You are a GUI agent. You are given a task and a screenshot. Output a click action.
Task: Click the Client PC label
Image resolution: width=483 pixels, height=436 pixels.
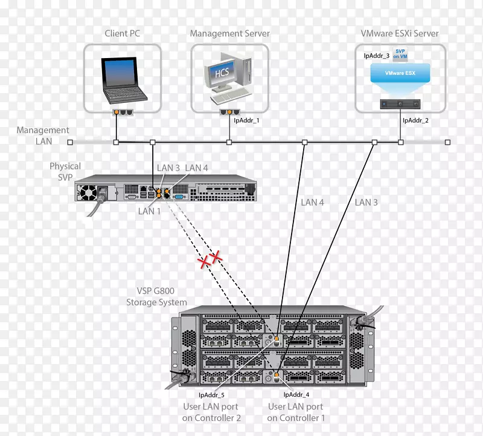(x=122, y=33)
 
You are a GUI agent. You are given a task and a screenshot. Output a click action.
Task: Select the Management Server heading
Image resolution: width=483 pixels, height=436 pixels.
(x=230, y=33)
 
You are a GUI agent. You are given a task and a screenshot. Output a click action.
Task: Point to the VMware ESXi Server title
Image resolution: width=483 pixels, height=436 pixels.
(x=400, y=33)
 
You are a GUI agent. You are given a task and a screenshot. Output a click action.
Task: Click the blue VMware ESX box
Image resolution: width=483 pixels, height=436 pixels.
(x=400, y=74)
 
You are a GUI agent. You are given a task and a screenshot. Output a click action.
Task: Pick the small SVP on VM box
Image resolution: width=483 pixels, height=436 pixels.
(x=400, y=54)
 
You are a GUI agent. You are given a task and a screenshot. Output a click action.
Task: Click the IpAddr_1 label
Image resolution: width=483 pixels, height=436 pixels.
(x=246, y=120)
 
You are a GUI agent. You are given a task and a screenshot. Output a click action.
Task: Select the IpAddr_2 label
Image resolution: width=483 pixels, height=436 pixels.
(x=415, y=120)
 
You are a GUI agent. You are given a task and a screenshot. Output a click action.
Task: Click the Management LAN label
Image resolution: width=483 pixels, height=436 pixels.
(x=43, y=135)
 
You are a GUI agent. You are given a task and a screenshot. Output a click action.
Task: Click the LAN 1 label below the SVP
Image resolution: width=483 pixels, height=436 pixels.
(x=150, y=211)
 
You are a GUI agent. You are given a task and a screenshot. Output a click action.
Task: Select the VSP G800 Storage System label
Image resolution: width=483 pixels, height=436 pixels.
(x=156, y=297)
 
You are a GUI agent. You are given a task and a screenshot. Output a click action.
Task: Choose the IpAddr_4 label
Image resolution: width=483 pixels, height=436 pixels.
(x=296, y=395)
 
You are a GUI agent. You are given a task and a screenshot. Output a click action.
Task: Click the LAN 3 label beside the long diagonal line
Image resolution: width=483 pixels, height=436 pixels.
(x=366, y=202)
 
